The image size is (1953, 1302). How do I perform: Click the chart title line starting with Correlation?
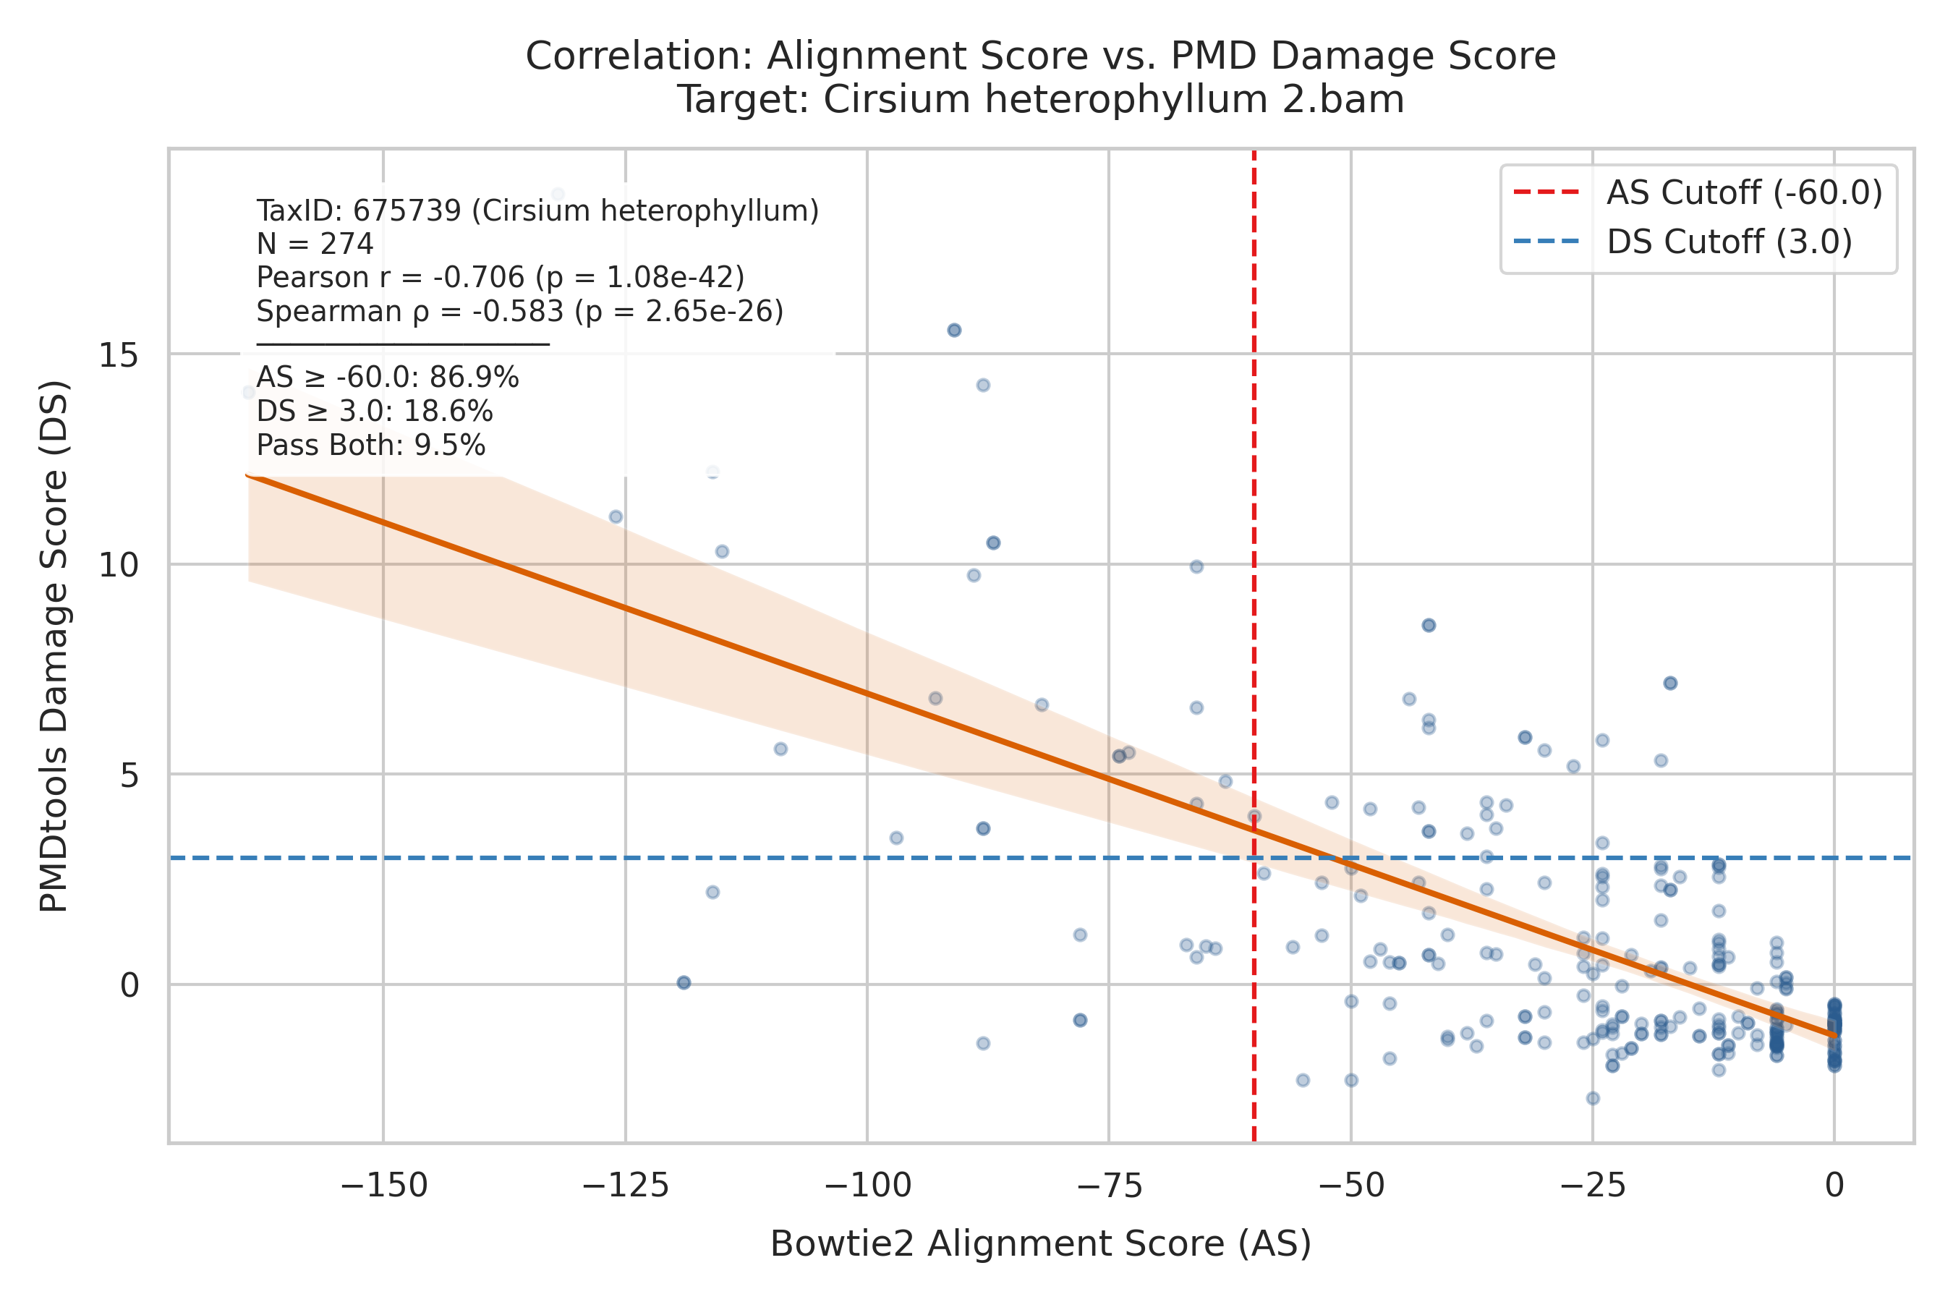pyautogui.click(x=1040, y=56)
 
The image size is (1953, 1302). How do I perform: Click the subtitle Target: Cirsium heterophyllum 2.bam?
pyautogui.click(x=1040, y=101)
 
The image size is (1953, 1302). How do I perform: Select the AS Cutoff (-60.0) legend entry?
pyautogui.click(x=1698, y=192)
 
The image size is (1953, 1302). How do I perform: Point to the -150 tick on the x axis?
pyautogui.click(x=383, y=1185)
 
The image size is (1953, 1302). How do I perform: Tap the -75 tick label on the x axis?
pyautogui.click(x=1109, y=1185)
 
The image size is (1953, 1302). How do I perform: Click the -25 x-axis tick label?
pyautogui.click(x=1593, y=1185)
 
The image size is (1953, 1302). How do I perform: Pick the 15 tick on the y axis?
pyautogui.click(x=118, y=355)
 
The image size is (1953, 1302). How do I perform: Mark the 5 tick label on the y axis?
pyautogui.click(x=129, y=775)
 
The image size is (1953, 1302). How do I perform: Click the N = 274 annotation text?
pyautogui.click(x=315, y=244)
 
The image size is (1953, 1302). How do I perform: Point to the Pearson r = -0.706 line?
pyautogui.click(x=500, y=277)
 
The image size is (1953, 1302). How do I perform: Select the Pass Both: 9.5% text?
pyautogui.click(x=370, y=446)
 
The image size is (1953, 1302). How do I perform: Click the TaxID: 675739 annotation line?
pyautogui.click(x=537, y=211)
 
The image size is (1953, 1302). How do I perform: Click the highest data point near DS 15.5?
pyautogui.click(x=954, y=331)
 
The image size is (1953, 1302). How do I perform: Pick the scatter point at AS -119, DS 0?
pyautogui.click(x=684, y=982)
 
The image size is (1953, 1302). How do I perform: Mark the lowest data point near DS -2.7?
pyautogui.click(x=1593, y=1099)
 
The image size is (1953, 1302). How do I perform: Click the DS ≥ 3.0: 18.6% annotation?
pyautogui.click(x=375, y=412)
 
